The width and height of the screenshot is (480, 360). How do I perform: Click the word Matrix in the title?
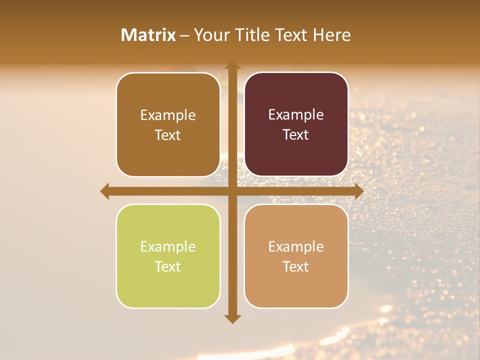click(x=148, y=35)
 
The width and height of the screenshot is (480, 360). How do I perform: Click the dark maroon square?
click(x=296, y=124)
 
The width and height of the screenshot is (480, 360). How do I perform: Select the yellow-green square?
click(x=168, y=256)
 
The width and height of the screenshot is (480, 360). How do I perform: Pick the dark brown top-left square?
click(x=168, y=124)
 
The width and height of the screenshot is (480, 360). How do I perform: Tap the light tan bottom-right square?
click(x=296, y=256)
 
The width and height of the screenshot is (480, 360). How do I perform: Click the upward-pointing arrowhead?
click(x=232, y=65)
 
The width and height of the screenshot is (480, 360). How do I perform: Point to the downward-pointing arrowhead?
click(x=232, y=318)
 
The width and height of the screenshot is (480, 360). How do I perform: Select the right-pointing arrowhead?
click(x=358, y=191)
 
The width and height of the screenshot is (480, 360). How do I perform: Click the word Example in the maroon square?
click(x=296, y=115)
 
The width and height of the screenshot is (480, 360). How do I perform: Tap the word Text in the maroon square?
click(x=296, y=135)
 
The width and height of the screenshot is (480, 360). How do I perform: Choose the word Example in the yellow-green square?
click(x=168, y=246)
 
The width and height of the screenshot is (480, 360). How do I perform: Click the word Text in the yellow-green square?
click(x=168, y=266)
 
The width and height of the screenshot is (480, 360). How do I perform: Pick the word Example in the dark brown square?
click(x=168, y=115)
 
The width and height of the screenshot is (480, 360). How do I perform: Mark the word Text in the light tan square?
click(x=296, y=266)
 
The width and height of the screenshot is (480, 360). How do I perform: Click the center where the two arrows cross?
click(x=232, y=191)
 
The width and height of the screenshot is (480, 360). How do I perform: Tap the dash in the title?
click(x=184, y=35)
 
